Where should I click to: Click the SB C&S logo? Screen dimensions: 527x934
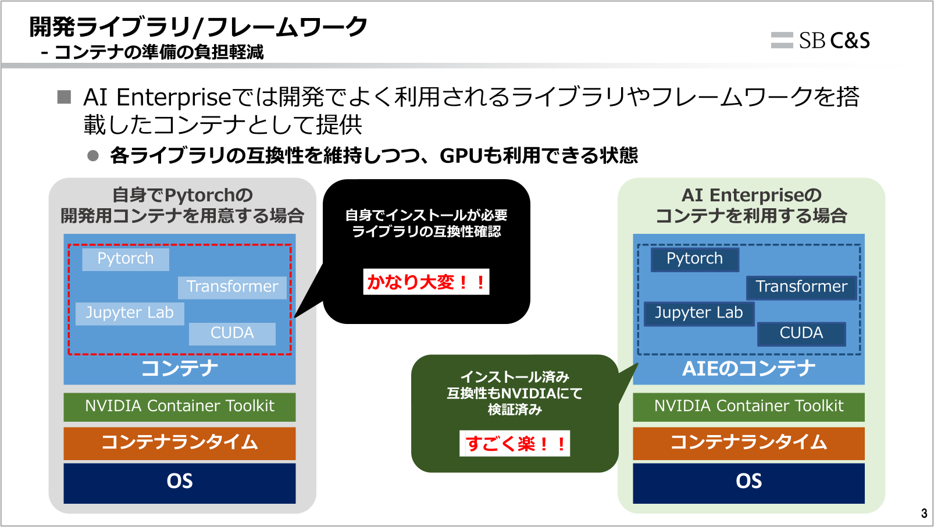coord(820,40)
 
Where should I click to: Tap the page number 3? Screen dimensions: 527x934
coord(924,514)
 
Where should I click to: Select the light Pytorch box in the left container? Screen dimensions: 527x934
coord(126,259)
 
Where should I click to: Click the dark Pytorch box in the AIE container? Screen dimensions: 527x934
coord(695,259)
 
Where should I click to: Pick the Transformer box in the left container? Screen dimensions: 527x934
coord(232,287)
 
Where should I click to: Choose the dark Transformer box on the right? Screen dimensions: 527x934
coord(801,287)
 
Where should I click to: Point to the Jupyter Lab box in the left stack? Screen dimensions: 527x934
coord(130,313)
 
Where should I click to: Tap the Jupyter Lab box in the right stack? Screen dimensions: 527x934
coord(699,313)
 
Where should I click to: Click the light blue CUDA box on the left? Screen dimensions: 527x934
coord(232,333)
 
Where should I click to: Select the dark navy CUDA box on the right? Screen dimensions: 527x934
coord(801,333)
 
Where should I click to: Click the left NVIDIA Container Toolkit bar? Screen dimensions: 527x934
coord(180,407)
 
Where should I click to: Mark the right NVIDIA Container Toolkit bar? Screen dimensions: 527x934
coord(748,407)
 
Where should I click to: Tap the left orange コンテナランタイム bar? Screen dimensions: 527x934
coord(180,443)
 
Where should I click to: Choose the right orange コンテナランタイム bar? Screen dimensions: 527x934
coord(748,443)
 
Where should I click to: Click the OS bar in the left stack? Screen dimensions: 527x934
coord(180,482)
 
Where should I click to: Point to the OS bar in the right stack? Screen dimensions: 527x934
coord(748,482)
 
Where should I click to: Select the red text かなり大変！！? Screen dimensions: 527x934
coord(426,282)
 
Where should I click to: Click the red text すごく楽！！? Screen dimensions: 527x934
coord(515,444)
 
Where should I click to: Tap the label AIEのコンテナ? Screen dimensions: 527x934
coord(748,369)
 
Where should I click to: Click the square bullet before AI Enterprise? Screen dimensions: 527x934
coord(64,97)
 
